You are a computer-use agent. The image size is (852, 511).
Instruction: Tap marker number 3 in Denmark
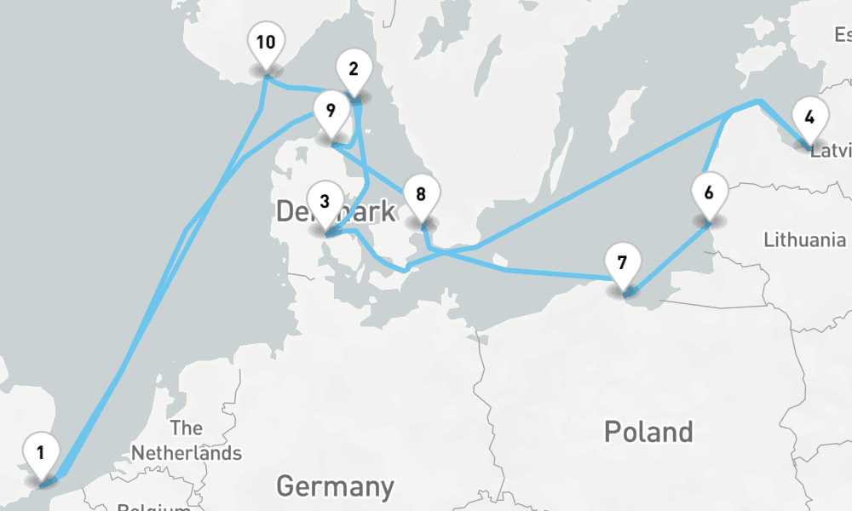[324, 203]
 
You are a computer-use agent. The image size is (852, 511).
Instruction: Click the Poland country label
[648, 432]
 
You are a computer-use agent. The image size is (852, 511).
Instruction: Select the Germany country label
[335, 486]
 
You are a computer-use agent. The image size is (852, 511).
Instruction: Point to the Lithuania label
[804, 239]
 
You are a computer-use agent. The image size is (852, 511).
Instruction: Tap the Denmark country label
[336, 211]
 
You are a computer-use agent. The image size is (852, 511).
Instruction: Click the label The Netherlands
[186, 440]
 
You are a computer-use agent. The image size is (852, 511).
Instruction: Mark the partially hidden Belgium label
[153, 507]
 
